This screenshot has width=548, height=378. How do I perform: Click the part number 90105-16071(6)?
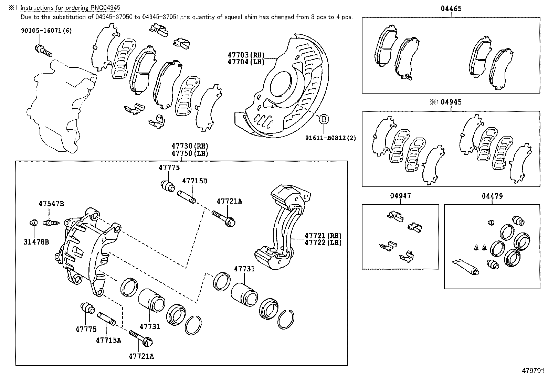46,31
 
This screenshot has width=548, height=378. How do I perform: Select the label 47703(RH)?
245,55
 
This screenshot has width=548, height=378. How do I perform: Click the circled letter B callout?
324,119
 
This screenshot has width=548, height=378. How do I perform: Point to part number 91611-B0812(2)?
330,138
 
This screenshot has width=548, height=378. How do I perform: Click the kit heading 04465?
451,9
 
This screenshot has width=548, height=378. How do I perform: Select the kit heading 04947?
400,196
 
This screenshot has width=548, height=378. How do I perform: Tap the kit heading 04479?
492,196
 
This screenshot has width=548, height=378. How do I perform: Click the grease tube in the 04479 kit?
465,267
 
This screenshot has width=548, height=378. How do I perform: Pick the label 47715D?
194,181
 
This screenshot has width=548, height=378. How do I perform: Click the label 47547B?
51,204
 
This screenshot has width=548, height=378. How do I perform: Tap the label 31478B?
36,242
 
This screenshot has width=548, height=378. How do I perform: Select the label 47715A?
108,341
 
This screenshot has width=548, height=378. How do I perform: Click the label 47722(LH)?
323,242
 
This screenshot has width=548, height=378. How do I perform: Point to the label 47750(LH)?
190,153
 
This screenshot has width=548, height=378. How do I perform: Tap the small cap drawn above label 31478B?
33,223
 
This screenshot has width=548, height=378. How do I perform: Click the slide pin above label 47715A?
106,318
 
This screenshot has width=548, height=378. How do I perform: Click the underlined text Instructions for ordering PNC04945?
70,8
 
